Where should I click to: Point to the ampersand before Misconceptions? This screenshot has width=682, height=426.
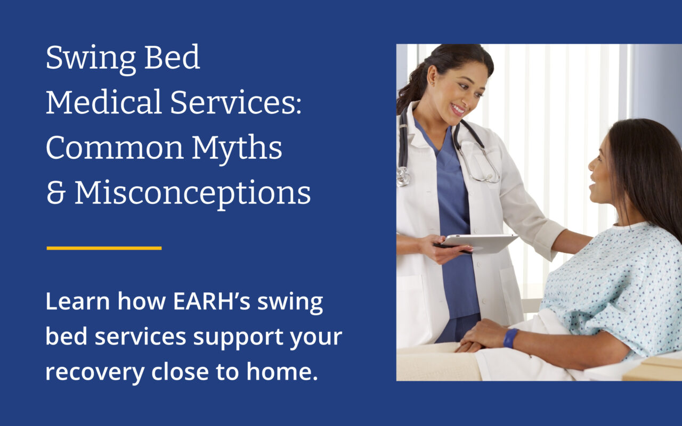55,194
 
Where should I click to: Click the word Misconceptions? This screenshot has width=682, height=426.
192,194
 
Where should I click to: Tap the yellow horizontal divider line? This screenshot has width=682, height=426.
104,248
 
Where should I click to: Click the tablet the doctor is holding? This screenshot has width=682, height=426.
480,242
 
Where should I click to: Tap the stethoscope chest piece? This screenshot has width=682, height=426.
403,176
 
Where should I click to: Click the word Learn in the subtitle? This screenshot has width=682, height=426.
78,301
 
